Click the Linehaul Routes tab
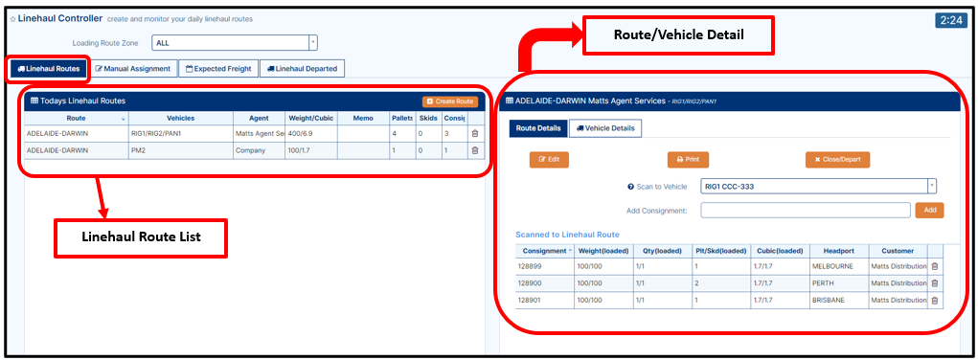tap(49, 69)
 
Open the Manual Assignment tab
tap(133, 69)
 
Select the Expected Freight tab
tap(218, 69)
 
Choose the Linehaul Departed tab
tap(302, 69)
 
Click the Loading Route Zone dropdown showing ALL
tap(235, 43)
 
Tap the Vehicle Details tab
tap(605, 128)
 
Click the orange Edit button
tap(549, 160)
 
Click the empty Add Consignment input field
tap(806, 211)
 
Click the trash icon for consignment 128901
tap(934, 300)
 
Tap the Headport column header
tap(839, 251)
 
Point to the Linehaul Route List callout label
tap(142, 237)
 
